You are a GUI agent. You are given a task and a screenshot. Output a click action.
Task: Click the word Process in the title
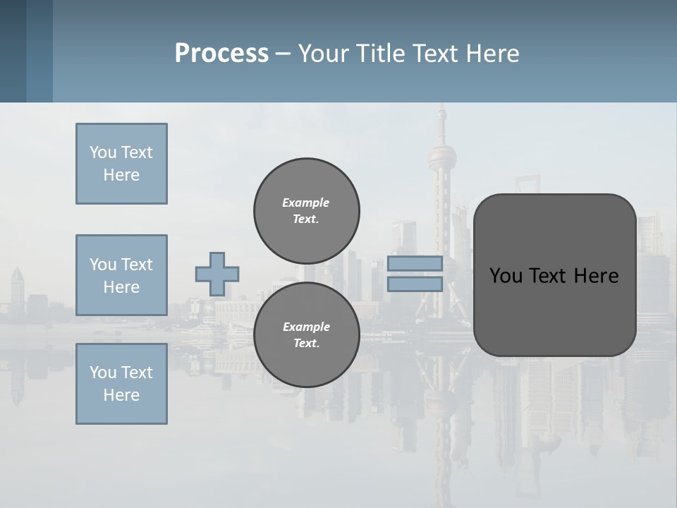221,53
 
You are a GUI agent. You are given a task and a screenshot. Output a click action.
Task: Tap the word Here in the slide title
492,53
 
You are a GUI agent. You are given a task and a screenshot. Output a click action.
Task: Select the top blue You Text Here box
121,164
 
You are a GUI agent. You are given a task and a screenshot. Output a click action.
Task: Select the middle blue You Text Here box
121,275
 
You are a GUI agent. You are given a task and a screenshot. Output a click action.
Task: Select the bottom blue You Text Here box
121,384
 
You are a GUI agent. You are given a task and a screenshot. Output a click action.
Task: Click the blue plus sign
217,274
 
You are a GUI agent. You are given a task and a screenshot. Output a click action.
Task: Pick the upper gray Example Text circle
307,211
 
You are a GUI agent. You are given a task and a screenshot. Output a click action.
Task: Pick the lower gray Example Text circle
307,335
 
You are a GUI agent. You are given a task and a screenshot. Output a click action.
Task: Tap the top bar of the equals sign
415,264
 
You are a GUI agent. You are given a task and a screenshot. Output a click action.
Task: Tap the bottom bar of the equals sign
415,284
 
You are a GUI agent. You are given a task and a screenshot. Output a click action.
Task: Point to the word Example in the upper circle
306,202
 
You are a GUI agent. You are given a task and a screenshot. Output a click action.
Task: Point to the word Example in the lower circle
306,327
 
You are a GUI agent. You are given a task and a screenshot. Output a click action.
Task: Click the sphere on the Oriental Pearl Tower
442,155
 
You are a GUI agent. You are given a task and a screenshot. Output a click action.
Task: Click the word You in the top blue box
102,152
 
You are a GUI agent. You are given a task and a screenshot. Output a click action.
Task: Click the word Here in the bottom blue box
121,395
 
